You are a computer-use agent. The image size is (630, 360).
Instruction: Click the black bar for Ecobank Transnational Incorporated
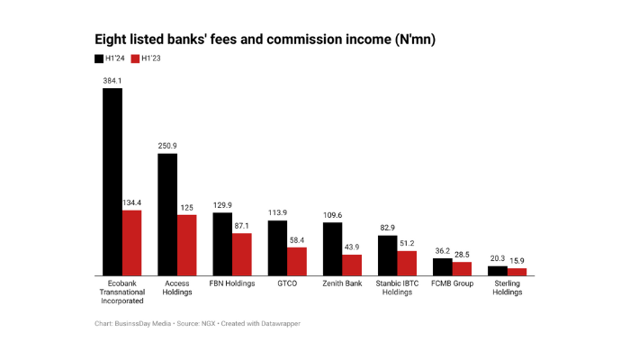pos(112,181)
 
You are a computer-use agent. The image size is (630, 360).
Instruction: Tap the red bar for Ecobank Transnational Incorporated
pos(131,242)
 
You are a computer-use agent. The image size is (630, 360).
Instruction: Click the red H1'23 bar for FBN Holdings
pos(241,254)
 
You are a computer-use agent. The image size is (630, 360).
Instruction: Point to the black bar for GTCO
pos(277,247)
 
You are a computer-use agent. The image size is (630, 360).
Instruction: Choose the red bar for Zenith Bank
pos(351,265)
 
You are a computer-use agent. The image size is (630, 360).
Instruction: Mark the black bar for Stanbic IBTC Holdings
pos(387,255)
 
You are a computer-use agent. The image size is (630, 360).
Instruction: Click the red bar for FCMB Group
pos(462,268)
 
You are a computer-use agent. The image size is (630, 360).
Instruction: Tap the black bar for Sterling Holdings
pos(497,270)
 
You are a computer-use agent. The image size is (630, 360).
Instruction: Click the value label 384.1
pos(112,80)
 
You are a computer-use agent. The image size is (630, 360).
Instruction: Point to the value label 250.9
pos(167,146)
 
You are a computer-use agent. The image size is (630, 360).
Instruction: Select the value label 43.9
pos(351,247)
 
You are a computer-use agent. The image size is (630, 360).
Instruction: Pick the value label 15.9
pos(517,261)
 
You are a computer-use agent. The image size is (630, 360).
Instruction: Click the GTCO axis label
pos(287,283)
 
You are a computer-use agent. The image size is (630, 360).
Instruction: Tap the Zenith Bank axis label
pos(342,283)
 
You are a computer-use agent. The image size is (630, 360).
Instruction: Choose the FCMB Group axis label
pos(452,283)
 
